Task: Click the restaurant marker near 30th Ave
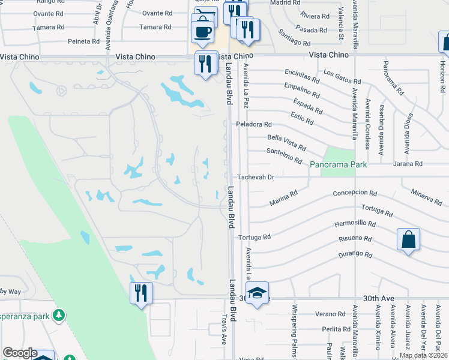coord(141,293)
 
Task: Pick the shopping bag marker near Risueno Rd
coord(408,239)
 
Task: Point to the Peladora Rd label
coord(254,124)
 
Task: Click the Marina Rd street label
coord(283,198)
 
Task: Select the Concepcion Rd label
coord(355,193)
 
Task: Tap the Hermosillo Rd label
coord(355,224)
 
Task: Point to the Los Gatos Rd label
coord(342,76)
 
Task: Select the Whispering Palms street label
coord(295,330)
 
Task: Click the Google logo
coord(20,353)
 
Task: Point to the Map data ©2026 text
coord(423,355)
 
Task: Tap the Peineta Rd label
coord(84,41)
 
